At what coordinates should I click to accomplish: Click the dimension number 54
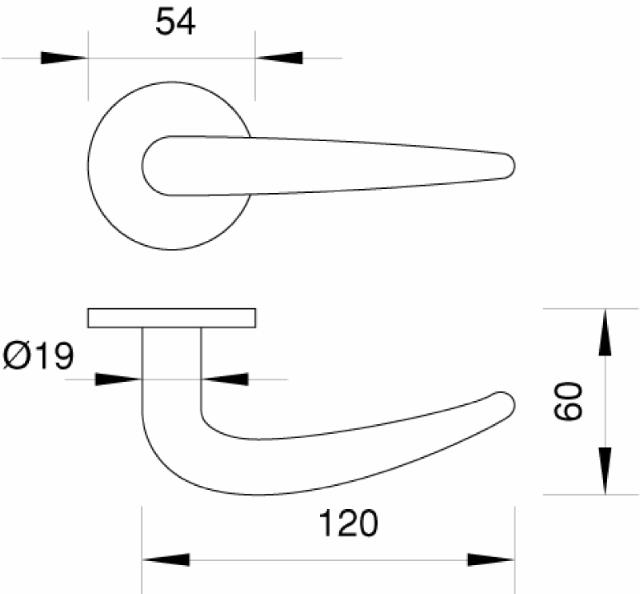point(175,22)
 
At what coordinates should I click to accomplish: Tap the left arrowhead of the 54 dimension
point(64,58)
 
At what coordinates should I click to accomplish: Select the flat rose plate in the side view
point(171,318)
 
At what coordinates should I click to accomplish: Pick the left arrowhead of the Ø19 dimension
point(118,379)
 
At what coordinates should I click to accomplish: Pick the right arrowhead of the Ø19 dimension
point(224,379)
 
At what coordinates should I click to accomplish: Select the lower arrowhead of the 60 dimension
point(605,471)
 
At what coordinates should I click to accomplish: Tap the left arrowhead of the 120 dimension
point(165,559)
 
